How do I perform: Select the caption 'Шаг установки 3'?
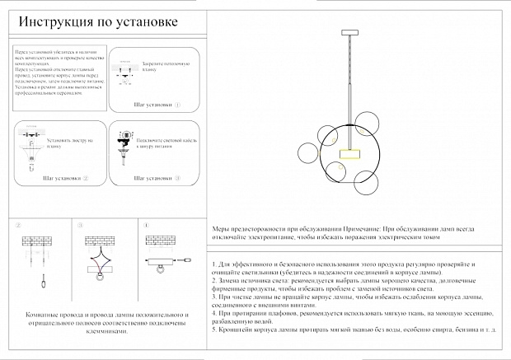tap(156, 178)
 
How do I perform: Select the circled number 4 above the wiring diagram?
tap(147, 225)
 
